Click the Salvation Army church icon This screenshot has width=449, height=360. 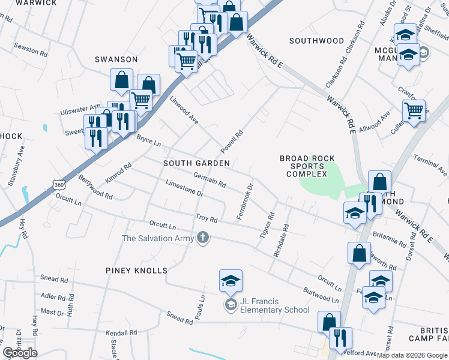click(203, 238)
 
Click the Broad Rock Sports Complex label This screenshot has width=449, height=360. click(307, 166)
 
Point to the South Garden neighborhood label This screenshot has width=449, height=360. click(196, 163)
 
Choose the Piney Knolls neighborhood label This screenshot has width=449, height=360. click(137, 271)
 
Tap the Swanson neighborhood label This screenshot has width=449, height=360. click(116, 59)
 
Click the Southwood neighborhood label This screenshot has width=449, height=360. click(316, 41)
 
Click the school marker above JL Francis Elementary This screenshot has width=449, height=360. click(231, 281)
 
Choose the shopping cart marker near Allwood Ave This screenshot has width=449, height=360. click(414, 111)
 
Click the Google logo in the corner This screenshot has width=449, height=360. click(20, 353)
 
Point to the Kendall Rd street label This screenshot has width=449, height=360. click(125, 332)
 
